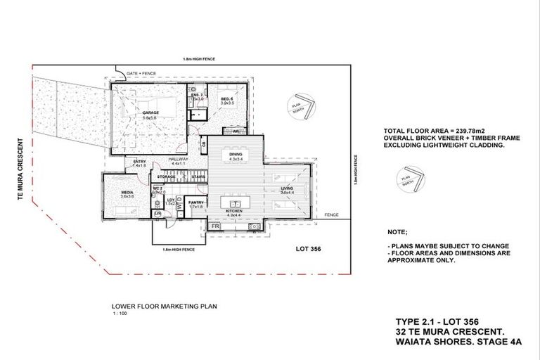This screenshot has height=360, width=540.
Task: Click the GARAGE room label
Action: [x=150, y=112]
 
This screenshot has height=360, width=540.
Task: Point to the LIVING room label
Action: [x=286, y=188]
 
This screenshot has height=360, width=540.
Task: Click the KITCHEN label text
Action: [x=235, y=210]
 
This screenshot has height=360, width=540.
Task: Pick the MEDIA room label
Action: [x=127, y=191]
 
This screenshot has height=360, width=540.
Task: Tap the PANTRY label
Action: [x=195, y=202]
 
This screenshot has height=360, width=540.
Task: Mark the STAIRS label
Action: [x=198, y=176]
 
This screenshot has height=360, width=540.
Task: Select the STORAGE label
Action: [x=167, y=176]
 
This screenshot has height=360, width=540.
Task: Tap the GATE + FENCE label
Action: [x=141, y=73]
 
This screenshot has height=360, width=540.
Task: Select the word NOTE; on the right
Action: [x=397, y=231]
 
